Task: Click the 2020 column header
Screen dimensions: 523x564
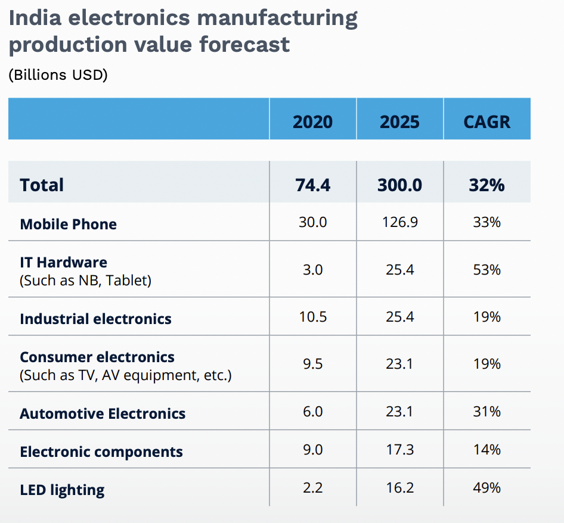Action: [312, 122]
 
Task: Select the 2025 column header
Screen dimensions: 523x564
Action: [399, 122]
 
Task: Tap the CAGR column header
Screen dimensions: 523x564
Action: [486, 122]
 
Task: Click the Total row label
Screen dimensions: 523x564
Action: [42, 185]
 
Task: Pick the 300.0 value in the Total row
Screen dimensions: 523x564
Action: [399, 185]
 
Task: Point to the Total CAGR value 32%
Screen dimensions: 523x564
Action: [486, 185]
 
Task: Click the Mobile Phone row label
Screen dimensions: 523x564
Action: [68, 224]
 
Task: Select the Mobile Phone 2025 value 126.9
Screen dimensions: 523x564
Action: [399, 222]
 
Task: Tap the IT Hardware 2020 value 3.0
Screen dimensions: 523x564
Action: [312, 270]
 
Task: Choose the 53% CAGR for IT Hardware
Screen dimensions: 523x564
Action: [486, 270]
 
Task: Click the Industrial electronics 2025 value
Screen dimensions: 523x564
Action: [399, 316]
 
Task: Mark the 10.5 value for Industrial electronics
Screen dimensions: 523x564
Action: [312, 316]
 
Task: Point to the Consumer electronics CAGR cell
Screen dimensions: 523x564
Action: [486, 363]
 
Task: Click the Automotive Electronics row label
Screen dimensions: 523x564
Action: [103, 413]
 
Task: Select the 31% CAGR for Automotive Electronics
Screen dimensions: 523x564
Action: [486, 411]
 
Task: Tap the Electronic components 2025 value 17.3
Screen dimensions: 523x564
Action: [399, 449]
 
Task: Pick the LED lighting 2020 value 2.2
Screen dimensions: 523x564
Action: [312, 488]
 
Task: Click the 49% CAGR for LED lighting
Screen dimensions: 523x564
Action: [486, 488]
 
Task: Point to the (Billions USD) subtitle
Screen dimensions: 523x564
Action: [58, 76]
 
